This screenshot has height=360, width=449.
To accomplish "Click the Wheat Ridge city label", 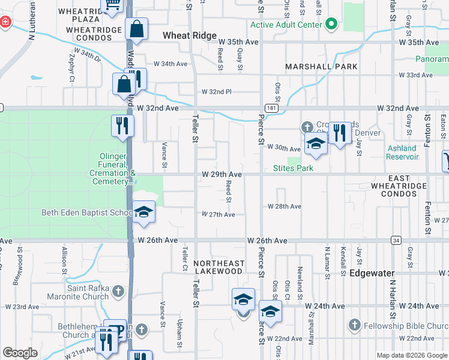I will click(190, 36).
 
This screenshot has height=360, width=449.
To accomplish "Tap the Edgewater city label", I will click(372, 272).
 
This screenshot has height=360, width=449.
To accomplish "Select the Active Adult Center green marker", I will click(331, 25).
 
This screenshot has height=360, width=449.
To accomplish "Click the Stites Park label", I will click(293, 169).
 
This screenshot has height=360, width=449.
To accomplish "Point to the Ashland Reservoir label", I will click(402, 152).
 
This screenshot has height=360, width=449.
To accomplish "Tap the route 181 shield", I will click(273, 108).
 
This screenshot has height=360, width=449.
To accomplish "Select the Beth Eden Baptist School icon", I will click(143, 212).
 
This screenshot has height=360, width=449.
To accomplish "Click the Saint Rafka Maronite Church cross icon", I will click(118, 292).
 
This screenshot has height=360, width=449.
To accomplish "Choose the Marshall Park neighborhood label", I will click(321, 67).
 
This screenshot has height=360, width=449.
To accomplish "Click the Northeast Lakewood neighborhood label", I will click(219, 267).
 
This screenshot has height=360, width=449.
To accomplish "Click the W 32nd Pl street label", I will click(217, 91).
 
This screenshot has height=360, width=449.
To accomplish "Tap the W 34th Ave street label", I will click(171, 64).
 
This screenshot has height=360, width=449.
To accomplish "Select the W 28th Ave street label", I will click(284, 206).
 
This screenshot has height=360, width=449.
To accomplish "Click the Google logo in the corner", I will click(20, 353).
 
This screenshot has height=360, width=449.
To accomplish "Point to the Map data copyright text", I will click(412, 355).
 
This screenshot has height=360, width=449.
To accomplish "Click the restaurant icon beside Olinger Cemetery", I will click(122, 126).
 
